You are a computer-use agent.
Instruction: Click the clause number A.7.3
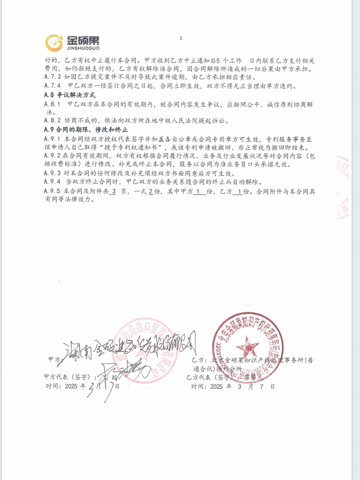(53, 77)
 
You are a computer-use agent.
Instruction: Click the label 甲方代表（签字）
(66, 377)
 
